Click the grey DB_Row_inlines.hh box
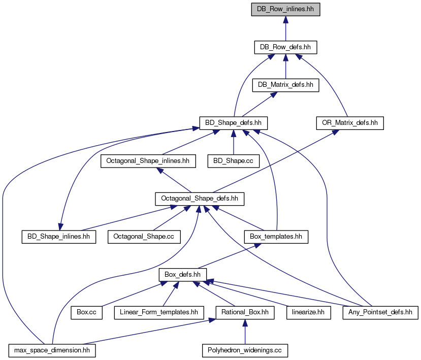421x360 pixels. click(285, 10)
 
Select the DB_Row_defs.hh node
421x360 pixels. click(285, 47)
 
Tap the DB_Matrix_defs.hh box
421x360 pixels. click(285, 85)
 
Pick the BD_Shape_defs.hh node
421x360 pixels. click(233, 123)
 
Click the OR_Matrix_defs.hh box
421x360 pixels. click(350, 123)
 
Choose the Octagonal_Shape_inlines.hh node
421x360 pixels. click(148, 161)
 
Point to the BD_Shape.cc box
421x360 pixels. click(233, 161)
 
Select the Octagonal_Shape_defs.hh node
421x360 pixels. click(200, 199)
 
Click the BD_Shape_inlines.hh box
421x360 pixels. click(59, 237)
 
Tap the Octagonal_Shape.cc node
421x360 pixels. click(144, 237)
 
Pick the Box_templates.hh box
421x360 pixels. click(276, 237)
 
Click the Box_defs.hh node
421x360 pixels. click(183, 275)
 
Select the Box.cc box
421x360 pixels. click(86, 312)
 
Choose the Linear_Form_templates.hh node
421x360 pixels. click(159, 312)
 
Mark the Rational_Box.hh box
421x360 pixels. click(245, 312)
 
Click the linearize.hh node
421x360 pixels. click(308, 312)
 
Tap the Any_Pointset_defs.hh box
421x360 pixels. click(380, 312)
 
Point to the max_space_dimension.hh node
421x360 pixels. click(52, 350)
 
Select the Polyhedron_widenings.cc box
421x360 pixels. click(245, 350)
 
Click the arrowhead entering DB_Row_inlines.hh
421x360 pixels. click(286, 20)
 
